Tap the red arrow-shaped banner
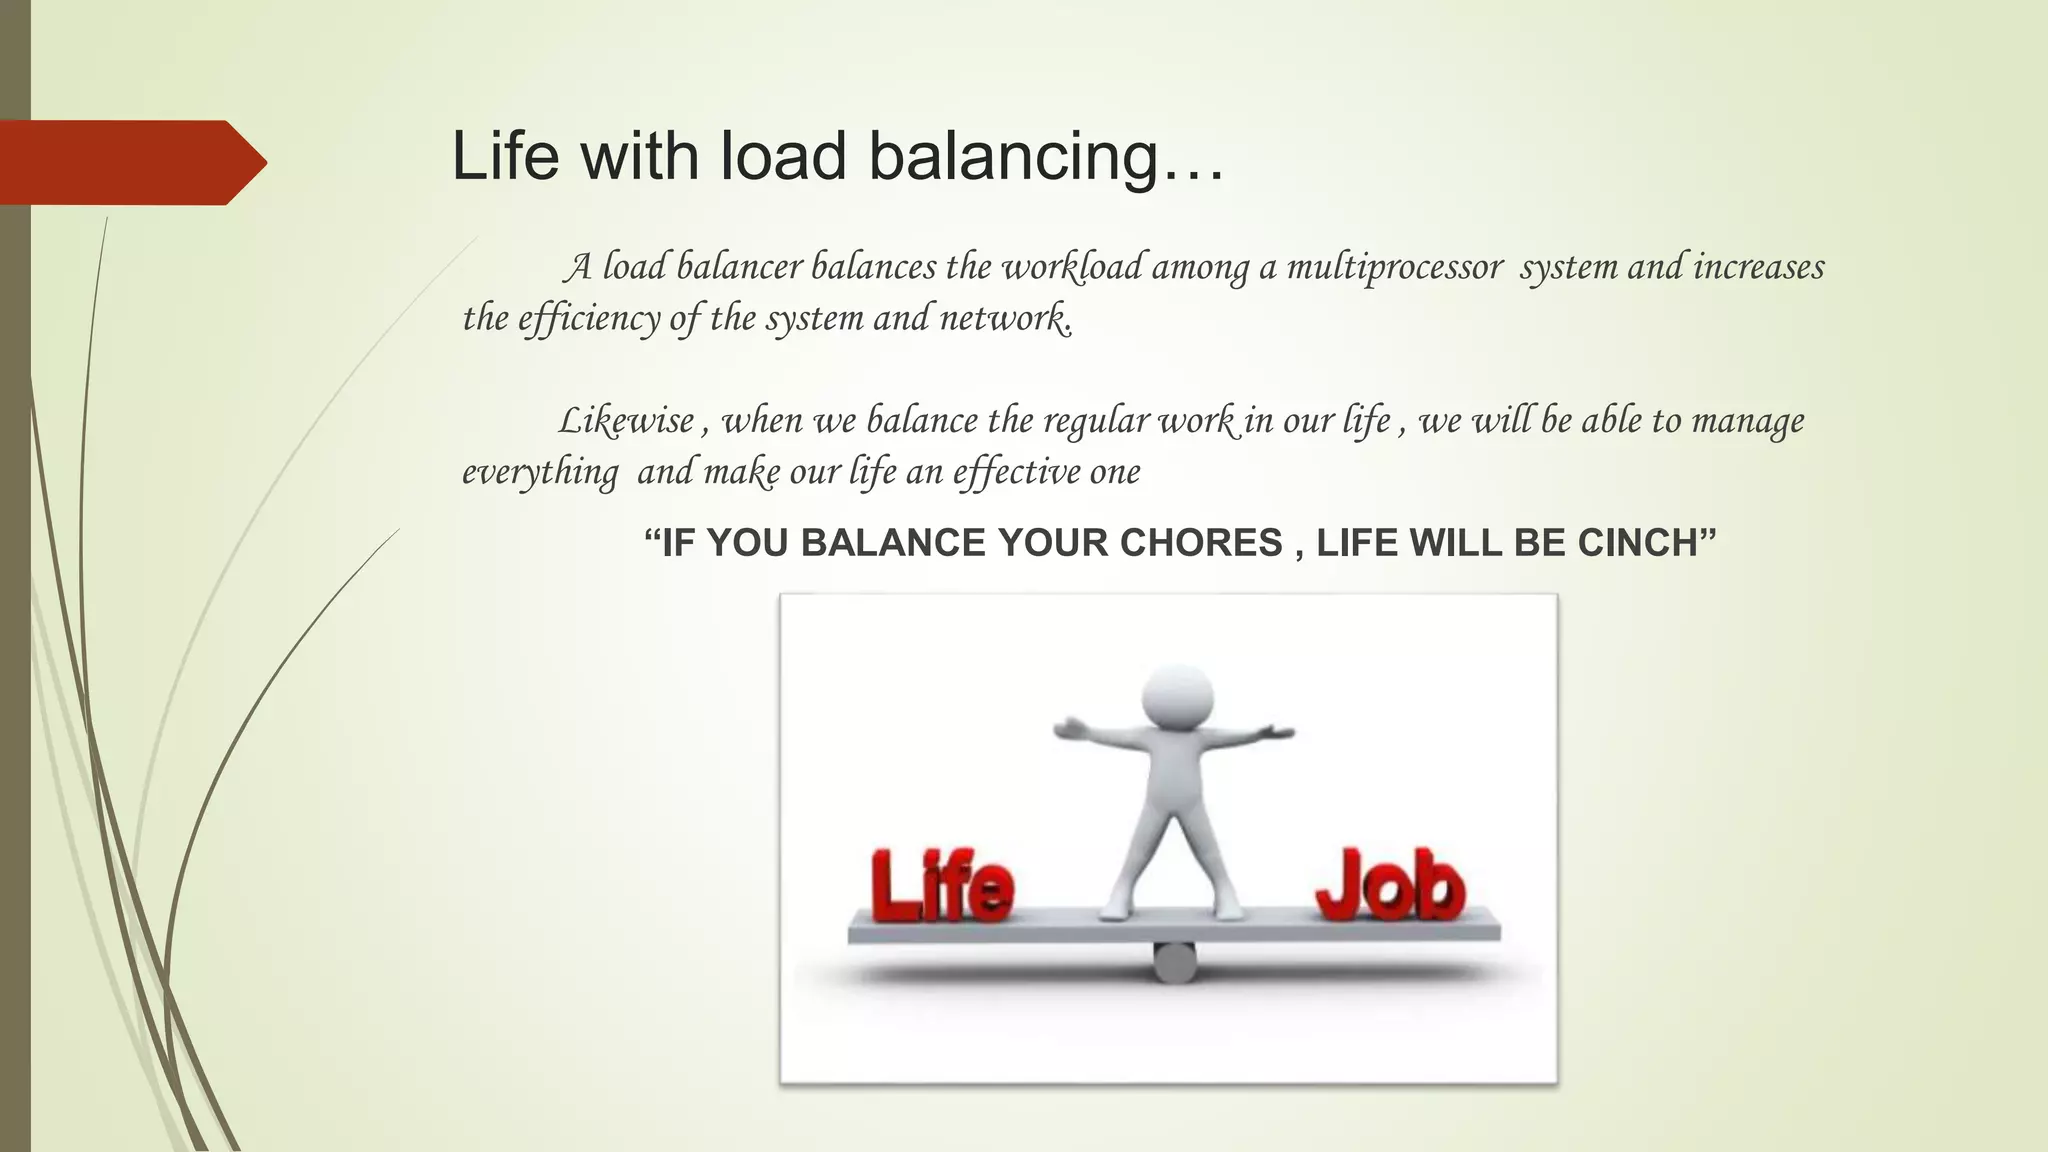[130, 162]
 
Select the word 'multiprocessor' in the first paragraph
[1394, 267]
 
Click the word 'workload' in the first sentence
[1072, 267]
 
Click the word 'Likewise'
[626, 421]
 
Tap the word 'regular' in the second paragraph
[1096, 421]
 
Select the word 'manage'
[1747, 421]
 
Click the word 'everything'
[540, 472]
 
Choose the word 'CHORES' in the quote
[1201, 543]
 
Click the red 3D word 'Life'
[941, 886]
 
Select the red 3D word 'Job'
[1390, 886]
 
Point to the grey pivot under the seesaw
[1174, 962]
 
